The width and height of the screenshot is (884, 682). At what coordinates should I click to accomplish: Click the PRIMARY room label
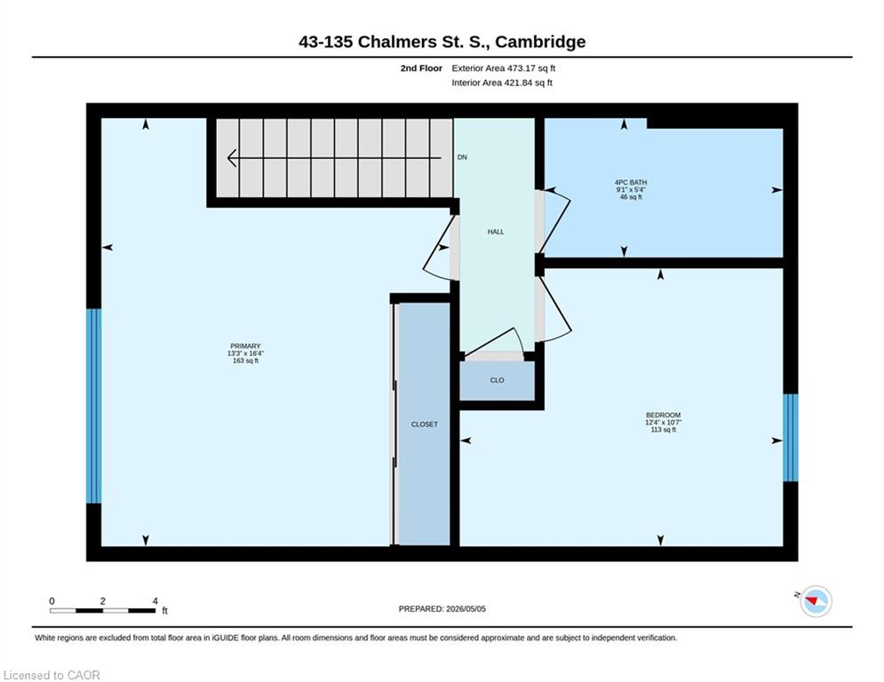click(x=245, y=346)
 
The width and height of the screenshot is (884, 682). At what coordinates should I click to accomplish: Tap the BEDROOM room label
click(x=663, y=415)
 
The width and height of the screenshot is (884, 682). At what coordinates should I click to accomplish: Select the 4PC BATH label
click(x=631, y=183)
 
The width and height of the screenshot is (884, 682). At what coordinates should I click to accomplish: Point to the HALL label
click(x=496, y=232)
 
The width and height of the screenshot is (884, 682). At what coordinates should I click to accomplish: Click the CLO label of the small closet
click(x=497, y=380)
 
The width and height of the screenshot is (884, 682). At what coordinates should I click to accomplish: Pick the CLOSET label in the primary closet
click(x=425, y=424)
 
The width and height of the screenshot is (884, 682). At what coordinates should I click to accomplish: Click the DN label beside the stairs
click(x=462, y=157)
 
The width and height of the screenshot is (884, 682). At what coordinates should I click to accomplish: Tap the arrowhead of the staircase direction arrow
click(x=232, y=158)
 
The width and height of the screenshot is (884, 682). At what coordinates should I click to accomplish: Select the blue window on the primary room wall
click(x=93, y=406)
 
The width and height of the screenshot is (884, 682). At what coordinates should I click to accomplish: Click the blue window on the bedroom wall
click(x=791, y=438)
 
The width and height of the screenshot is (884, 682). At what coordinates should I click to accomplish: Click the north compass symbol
click(x=816, y=601)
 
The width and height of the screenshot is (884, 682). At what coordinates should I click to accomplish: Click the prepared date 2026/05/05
click(x=466, y=608)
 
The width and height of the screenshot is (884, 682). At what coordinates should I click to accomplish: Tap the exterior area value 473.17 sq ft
click(x=531, y=68)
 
